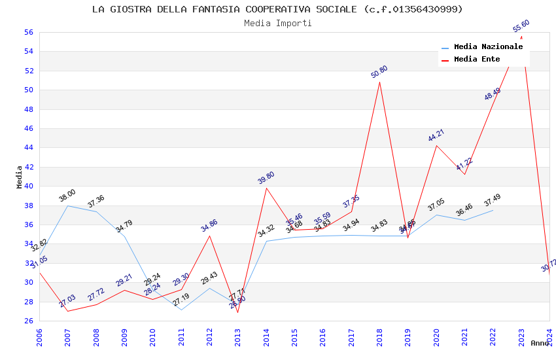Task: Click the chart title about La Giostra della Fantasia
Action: (x=277, y=9)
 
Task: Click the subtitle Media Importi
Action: (x=277, y=24)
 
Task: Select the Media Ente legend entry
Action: (x=477, y=60)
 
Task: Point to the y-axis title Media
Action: (x=20, y=177)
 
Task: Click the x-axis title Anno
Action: (x=540, y=343)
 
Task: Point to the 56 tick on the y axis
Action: (x=28, y=32)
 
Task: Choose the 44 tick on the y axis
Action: (x=28, y=147)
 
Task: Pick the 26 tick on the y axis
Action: (x=28, y=321)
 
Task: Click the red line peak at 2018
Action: (x=379, y=82)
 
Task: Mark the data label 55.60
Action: (x=521, y=26)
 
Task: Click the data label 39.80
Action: (x=266, y=177)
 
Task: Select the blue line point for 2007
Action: (x=67, y=206)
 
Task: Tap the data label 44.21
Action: (x=436, y=135)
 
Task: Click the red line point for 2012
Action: (x=209, y=236)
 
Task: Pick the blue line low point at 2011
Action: (x=181, y=310)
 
